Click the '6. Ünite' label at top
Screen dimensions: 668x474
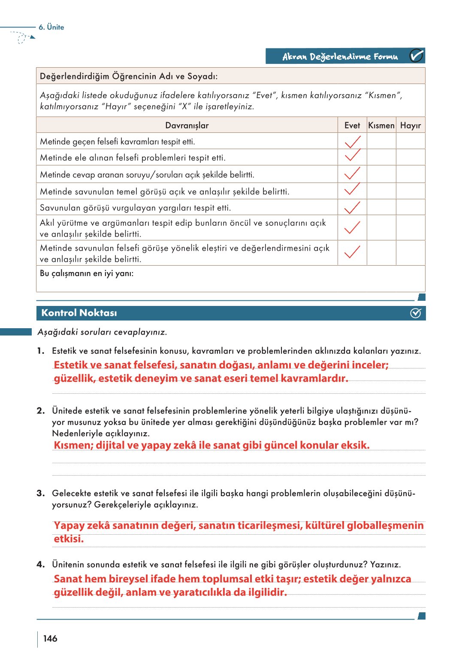pyautogui.click(x=51, y=27)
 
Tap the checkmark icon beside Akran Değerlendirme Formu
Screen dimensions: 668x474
pyautogui.click(x=416, y=56)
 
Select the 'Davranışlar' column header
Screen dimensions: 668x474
pyautogui.click(x=187, y=126)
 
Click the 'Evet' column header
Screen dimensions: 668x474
pyautogui.click(x=352, y=126)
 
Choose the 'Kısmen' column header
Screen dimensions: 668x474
pyautogui.click(x=381, y=126)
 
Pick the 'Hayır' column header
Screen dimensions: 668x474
pyautogui.click(x=410, y=126)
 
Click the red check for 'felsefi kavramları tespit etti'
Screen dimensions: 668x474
pyautogui.click(x=352, y=141)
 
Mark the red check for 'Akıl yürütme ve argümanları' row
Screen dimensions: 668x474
pyautogui.click(x=352, y=227)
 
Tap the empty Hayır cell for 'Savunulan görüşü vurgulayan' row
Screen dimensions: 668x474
pyautogui.click(x=410, y=207)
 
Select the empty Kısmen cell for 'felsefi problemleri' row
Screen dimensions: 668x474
pyautogui.click(x=381, y=157)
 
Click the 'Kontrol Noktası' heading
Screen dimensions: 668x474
pyautogui.click(x=79, y=313)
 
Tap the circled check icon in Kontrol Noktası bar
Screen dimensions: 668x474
pyautogui.click(x=415, y=313)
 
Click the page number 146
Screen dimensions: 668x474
pyautogui.click(x=50, y=638)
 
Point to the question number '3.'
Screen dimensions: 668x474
pyautogui.click(x=41, y=493)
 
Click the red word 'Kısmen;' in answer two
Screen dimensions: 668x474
pyautogui.click(x=73, y=445)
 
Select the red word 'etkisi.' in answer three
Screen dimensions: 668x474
pyautogui.click(x=69, y=539)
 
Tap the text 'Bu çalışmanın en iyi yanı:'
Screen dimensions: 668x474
pyautogui.click(x=87, y=273)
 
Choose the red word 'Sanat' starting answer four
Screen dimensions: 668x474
pyautogui.click(x=68, y=579)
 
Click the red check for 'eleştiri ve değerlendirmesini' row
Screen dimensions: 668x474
pyautogui.click(x=352, y=252)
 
